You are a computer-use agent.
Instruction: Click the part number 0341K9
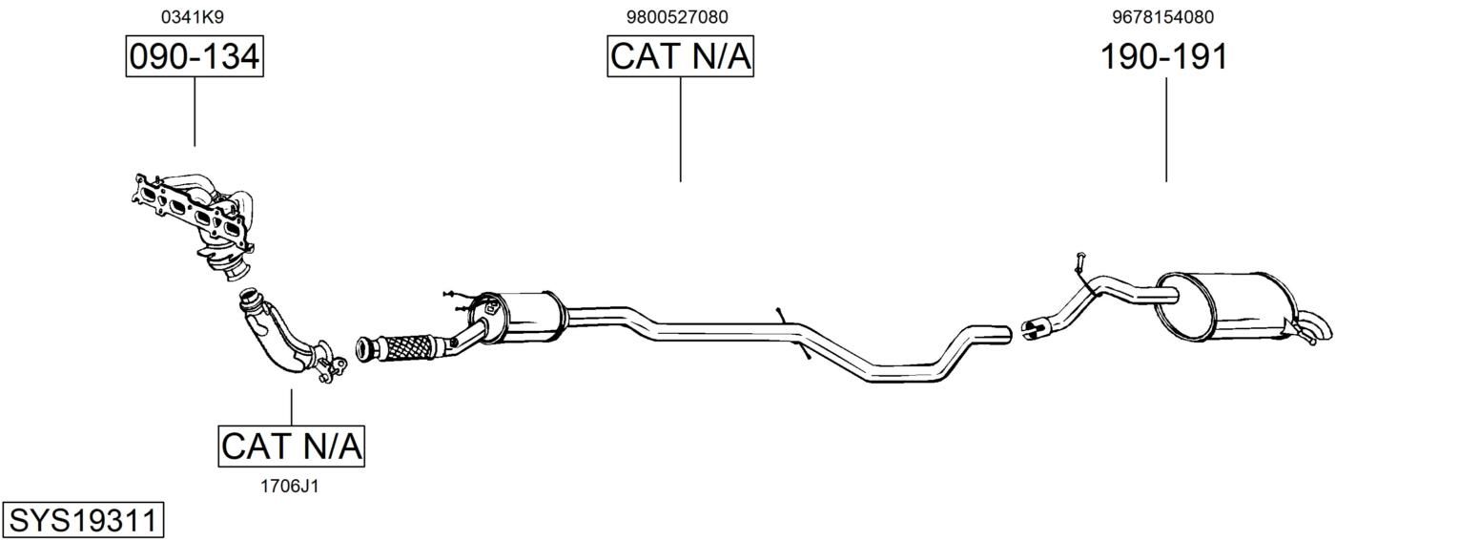[192, 17]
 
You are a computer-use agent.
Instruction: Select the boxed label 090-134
[195, 56]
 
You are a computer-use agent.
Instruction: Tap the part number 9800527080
[677, 17]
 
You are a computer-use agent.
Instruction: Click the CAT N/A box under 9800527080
[681, 56]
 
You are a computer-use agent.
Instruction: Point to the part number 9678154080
[1163, 17]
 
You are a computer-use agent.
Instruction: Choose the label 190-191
[1164, 56]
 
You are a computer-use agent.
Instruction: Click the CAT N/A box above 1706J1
[291, 447]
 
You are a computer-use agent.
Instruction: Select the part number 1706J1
[290, 487]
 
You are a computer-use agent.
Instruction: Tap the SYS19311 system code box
[83, 521]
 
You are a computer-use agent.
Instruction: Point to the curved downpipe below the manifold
[287, 339]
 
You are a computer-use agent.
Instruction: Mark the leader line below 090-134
[195, 112]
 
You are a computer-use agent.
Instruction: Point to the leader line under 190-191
[1166, 130]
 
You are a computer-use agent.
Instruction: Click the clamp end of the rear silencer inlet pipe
[1035, 327]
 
